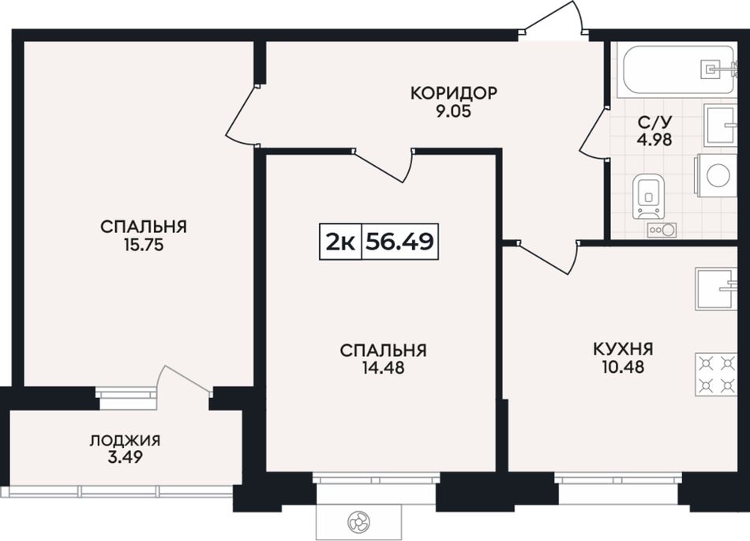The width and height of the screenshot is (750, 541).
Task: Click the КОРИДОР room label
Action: (x=454, y=92)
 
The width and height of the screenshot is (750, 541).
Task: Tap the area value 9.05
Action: (x=454, y=111)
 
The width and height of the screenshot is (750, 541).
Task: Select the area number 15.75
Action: (x=144, y=245)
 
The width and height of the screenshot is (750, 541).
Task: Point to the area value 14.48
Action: (x=383, y=368)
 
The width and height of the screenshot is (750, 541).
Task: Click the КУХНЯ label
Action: (x=623, y=348)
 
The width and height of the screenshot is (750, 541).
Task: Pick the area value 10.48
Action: (x=623, y=367)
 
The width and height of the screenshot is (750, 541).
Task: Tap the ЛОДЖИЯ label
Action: (x=125, y=440)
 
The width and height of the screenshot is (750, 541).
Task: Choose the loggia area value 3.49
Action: (x=125, y=458)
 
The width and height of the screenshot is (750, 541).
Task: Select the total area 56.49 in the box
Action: (x=400, y=242)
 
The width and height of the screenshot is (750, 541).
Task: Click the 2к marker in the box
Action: (x=340, y=242)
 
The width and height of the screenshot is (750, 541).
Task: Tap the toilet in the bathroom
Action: (x=648, y=197)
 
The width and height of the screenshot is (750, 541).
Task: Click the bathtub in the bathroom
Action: (x=678, y=70)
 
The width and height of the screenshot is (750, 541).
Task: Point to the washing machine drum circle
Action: (x=718, y=175)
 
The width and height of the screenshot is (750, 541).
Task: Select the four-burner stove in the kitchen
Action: (x=716, y=374)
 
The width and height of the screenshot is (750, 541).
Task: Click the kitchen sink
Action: (x=716, y=288)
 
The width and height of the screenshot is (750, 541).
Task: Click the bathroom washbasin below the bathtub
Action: (x=720, y=126)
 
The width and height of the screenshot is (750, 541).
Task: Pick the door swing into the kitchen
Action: (x=549, y=257)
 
